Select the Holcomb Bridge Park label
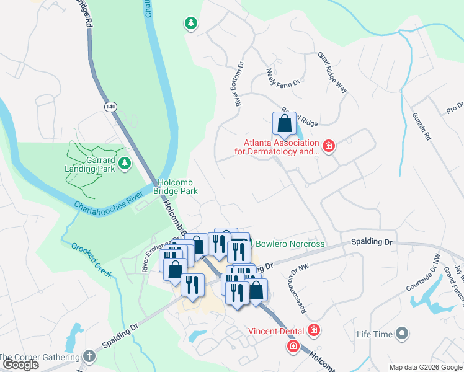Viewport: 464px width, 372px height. coord(177,187)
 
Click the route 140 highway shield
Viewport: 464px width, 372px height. coord(110,107)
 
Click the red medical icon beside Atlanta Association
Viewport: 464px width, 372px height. coord(328,146)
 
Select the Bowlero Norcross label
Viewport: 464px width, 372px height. coord(290,244)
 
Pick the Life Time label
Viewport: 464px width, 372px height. coord(375,334)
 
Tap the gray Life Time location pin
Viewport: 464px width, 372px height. coord(403,334)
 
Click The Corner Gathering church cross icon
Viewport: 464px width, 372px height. coord(89,356)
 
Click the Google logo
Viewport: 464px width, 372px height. coord(20,365)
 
